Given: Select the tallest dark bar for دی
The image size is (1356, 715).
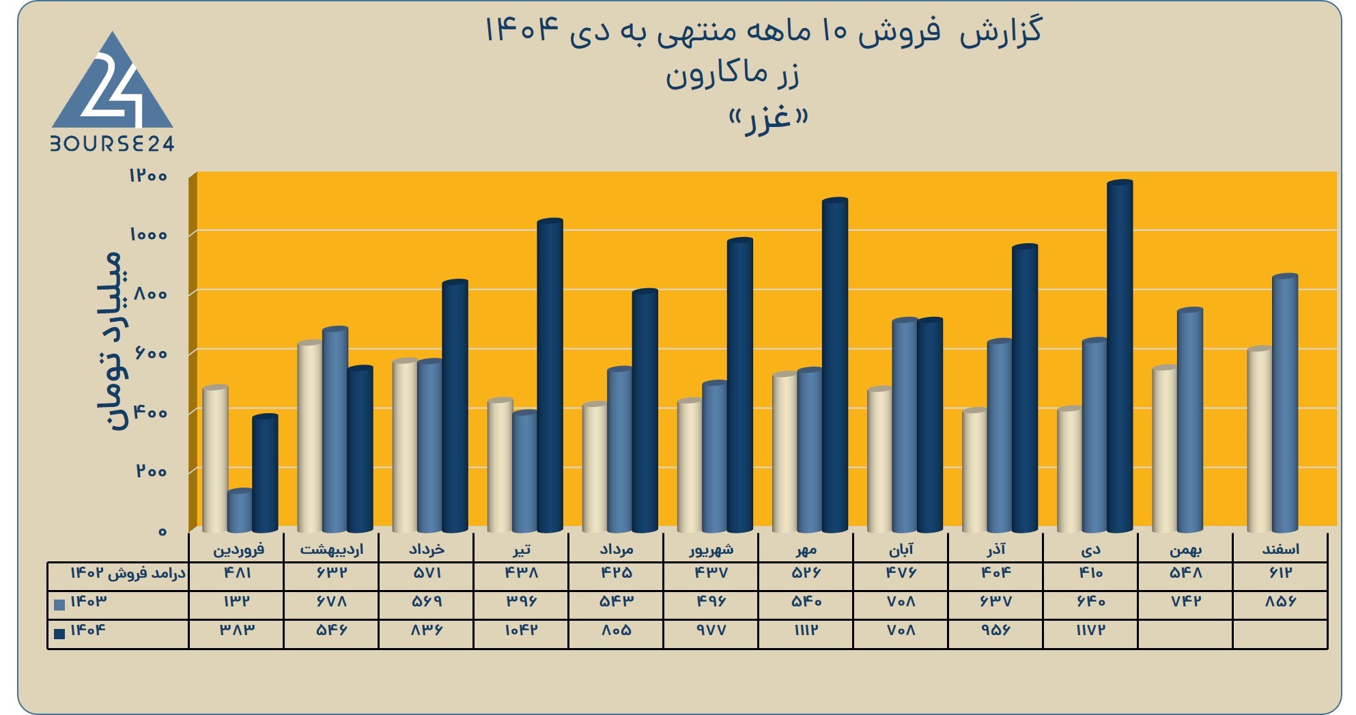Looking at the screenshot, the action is pyautogui.click(x=1120, y=356).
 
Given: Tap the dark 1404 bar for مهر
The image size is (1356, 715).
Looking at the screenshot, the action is pyautogui.click(x=835, y=365).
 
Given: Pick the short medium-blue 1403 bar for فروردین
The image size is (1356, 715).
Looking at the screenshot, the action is pyautogui.click(x=240, y=511).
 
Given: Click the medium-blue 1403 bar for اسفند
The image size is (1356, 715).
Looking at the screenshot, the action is pyautogui.click(x=1285, y=403).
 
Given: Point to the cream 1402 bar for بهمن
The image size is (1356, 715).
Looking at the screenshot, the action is pyautogui.click(x=1165, y=449).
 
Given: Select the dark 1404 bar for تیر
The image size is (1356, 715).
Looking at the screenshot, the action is pyautogui.click(x=550, y=375).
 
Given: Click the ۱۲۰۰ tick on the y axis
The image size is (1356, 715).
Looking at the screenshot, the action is pyautogui.click(x=148, y=176).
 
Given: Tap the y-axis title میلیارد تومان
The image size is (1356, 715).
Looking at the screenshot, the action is pyautogui.click(x=109, y=341).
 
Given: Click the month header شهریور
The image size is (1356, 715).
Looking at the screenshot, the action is pyautogui.click(x=711, y=549).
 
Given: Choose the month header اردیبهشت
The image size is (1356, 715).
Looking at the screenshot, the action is pyautogui.click(x=332, y=549).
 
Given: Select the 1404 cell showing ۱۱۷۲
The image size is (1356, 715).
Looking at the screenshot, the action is pyautogui.click(x=1090, y=630).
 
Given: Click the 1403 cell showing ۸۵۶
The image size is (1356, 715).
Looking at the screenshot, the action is pyautogui.click(x=1280, y=601).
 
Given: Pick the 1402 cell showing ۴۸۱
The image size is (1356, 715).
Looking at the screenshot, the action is pyautogui.click(x=237, y=572).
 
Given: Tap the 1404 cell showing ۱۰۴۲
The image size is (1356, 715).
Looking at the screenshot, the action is pyautogui.click(x=521, y=630).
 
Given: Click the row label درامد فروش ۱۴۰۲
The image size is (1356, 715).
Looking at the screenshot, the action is pyautogui.click(x=128, y=573).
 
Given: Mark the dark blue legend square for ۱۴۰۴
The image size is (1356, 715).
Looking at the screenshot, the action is pyautogui.click(x=59, y=634).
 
